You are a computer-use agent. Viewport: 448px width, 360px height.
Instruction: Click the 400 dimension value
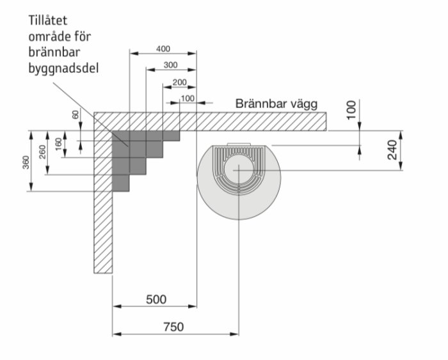tap(163, 49)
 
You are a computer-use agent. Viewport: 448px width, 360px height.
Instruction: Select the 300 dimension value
tap(171, 65)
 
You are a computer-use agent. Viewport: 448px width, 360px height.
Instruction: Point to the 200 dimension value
tap(180, 82)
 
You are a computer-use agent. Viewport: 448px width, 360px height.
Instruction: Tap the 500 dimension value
tap(156, 299)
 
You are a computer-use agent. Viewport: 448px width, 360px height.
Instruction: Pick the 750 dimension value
tap(173, 327)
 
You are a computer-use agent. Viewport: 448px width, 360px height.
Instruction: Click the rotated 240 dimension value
tap(392, 150)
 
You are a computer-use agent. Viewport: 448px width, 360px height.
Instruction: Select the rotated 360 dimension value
tap(26, 162)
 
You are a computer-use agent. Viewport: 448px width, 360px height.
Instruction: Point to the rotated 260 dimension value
tap(43, 152)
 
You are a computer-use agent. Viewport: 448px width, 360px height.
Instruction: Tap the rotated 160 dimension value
tap(59, 144)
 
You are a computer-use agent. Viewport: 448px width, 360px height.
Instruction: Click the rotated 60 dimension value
tap(76, 114)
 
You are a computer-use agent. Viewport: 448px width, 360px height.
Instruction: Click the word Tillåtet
tap(48, 20)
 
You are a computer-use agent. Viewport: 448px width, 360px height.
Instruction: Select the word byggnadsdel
tap(63, 69)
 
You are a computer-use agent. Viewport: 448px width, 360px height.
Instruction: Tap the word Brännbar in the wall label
tap(261, 104)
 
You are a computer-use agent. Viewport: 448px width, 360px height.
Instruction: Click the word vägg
tap(304, 104)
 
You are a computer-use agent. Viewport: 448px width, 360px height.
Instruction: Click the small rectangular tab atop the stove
tap(239, 144)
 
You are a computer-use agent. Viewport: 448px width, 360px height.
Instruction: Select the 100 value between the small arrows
tap(188, 98)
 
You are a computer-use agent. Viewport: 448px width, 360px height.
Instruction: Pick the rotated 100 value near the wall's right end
tap(351, 109)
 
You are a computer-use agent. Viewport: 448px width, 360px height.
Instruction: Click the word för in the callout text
tap(83, 36)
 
